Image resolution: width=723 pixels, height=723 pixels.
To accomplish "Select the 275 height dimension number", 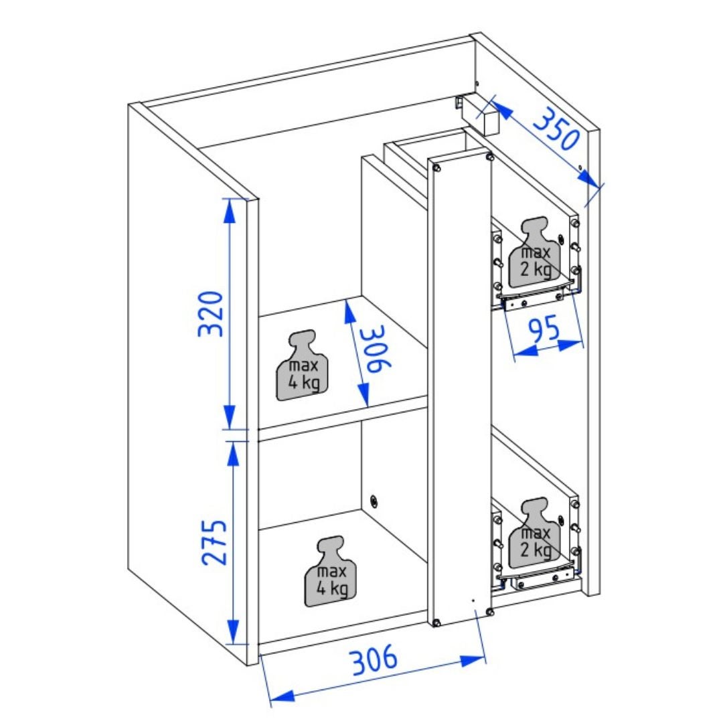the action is point(214,542).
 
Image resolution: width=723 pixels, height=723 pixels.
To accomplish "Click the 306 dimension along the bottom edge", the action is point(374,659).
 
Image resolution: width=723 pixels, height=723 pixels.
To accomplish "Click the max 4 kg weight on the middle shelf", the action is point(303,366).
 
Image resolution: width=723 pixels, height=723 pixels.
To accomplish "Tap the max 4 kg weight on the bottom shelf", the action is point(330,571).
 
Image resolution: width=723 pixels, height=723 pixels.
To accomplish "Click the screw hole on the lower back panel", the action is point(374,501).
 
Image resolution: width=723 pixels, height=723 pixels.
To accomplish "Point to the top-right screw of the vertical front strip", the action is point(489,157).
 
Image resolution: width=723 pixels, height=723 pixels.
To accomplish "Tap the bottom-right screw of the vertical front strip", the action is point(489,611).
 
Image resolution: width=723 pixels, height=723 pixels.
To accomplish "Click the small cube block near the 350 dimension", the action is point(490,120).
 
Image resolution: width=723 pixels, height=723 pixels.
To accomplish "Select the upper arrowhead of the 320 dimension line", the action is point(229,211).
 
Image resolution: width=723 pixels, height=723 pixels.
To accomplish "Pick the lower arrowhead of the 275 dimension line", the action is point(233,632).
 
